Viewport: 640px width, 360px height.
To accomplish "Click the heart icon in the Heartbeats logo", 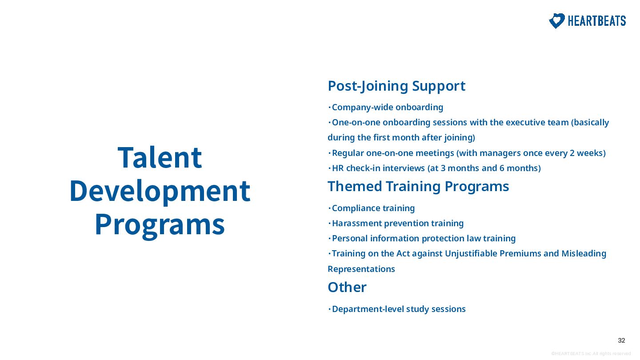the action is (x=556, y=21).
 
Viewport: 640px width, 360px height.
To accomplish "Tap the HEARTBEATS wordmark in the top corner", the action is (x=597, y=21).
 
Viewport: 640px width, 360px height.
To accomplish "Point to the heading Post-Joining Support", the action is (x=396, y=86).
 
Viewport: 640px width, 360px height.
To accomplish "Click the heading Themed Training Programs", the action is (x=418, y=186).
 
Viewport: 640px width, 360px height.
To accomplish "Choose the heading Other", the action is (x=347, y=287).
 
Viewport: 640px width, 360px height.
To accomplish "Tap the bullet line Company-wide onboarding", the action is (x=385, y=108).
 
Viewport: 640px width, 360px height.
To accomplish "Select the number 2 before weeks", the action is (x=572, y=153).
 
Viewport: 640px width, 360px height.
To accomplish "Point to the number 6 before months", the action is (x=502, y=168).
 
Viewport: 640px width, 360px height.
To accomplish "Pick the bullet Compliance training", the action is (x=371, y=208).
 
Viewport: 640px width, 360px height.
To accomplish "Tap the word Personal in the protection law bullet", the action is (x=350, y=239).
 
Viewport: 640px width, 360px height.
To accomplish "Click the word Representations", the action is (x=361, y=269).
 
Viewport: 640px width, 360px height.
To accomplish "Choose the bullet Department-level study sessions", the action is (x=397, y=309).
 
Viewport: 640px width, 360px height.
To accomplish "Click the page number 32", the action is (x=621, y=340).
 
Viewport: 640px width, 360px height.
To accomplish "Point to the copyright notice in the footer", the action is (x=591, y=354).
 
